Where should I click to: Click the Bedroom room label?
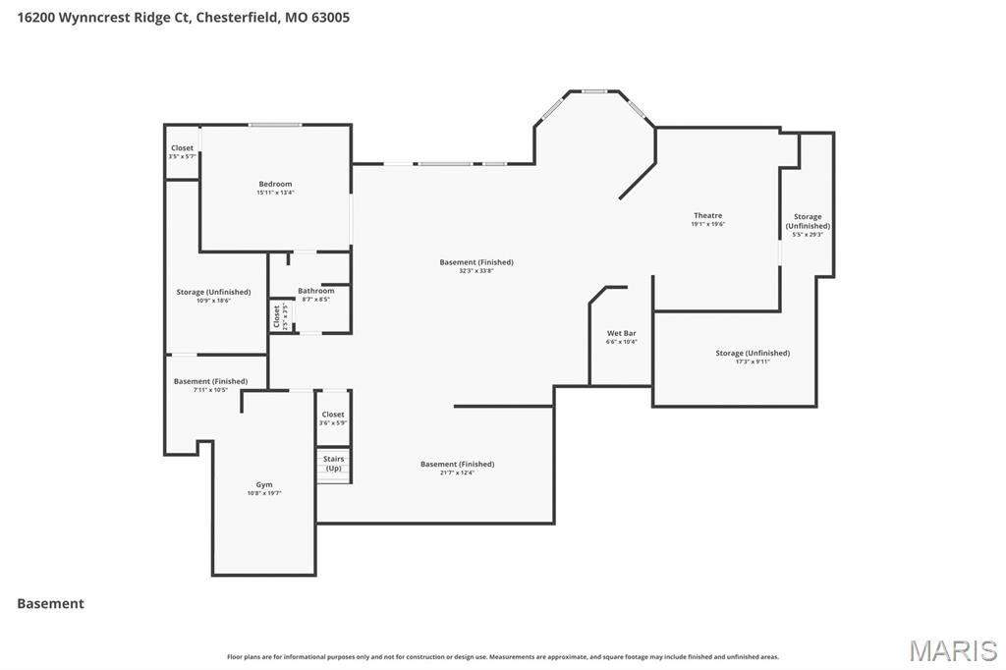pyautogui.click(x=275, y=185)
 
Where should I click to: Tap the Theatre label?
pyautogui.click(x=707, y=216)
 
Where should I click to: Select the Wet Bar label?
pyautogui.click(x=622, y=334)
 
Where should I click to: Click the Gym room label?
pyautogui.click(x=264, y=485)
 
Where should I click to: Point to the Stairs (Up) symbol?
pyautogui.click(x=334, y=465)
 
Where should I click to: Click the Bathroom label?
pyautogui.click(x=315, y=291)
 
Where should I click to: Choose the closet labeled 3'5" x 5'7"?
pyautogui.click(x=182, y=151)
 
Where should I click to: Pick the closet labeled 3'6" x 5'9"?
pyautogui.click(x=333, y=419)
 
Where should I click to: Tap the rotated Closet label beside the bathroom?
pyautogui.click(x=278, y=316)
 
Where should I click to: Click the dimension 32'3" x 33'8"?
pyautogui.click(x=476, y=271)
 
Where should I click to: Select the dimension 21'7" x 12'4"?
pyautogui.click(x=457, y=473)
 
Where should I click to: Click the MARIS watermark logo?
pyautogui.click(x=953, y=650)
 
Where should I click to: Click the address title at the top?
pyautogui.click(x=183, y=17)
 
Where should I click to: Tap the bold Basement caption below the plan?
pyautogui.click(x=50, y=603)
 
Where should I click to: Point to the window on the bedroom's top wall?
pyautogui.click(x=275, y=125)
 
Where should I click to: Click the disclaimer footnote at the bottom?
pyautogui.click(x=503, y=657)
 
